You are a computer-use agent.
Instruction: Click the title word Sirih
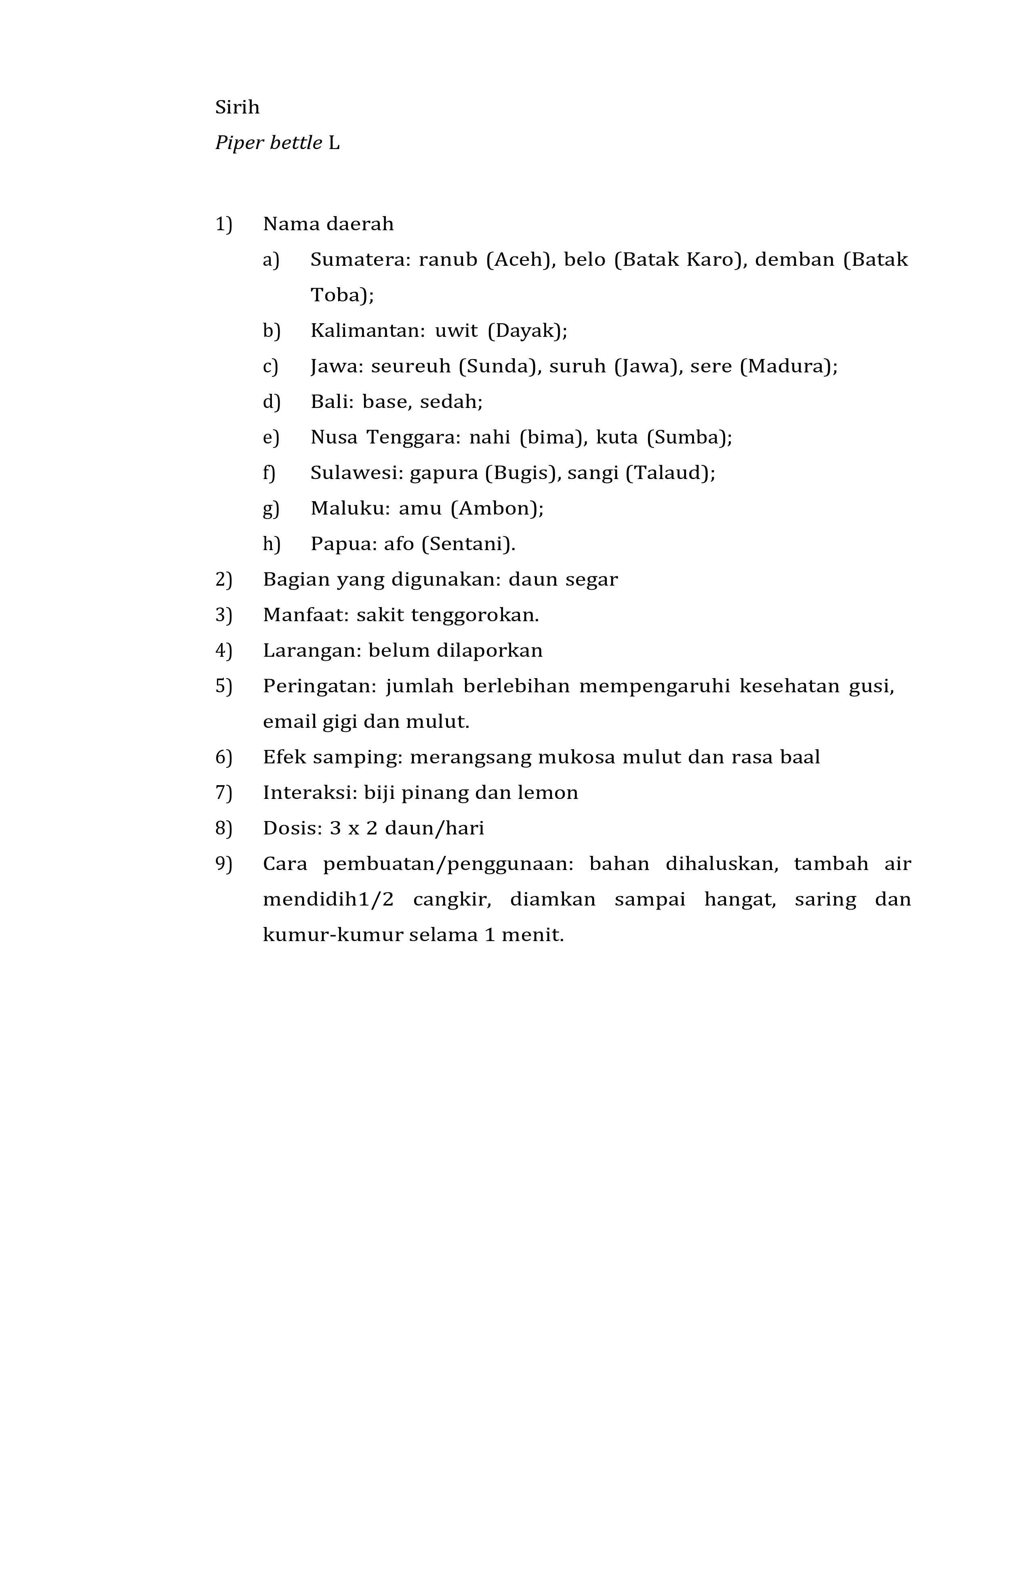[237, 107]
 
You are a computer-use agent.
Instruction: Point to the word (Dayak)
[527, 330]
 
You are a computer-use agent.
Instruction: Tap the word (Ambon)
[497, 509]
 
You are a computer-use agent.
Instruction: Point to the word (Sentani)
[469, 544]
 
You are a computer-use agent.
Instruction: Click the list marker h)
[271, 544]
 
